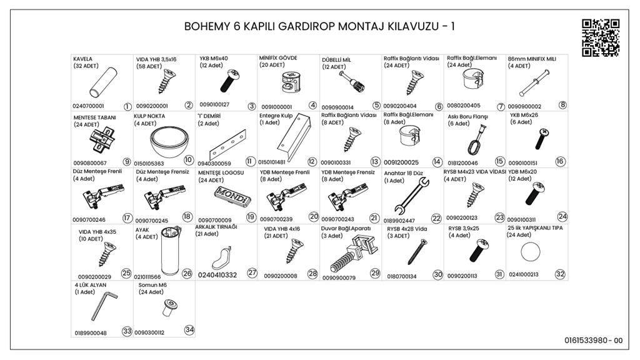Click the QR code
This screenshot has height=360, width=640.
click(x=601, y=37)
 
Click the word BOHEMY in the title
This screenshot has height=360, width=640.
click(x=207, y=26)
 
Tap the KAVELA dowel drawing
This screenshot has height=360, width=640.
click(x=103, y=82)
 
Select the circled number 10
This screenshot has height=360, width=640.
click(x=188, y=159)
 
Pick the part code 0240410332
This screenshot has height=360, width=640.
click(x=217, y=275)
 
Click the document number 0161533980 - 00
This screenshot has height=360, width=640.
click(x=594, y=341)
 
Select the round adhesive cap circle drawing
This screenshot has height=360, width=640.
click(x=530, y=252)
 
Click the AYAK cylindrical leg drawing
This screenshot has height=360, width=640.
click(x=170, y=250)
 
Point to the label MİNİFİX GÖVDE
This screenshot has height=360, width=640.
click(x=278, y=58)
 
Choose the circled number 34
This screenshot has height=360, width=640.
click(x=189, y=330)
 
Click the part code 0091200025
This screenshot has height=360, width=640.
click(x=401, y=162)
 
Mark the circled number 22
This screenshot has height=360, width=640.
click(x=436, y=219)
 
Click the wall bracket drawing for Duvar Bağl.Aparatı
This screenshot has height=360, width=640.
click(x=353, y=254)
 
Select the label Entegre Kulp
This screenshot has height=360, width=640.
click(x=276, y=116)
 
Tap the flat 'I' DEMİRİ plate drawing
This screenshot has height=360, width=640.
click(x=227, y=145)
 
